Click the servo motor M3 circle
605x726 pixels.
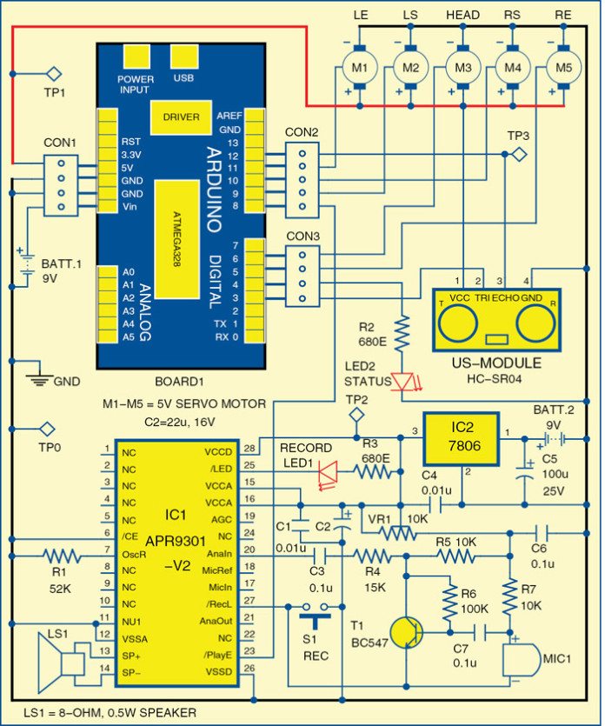pos(462,65)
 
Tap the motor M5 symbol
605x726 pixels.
pos(563,65)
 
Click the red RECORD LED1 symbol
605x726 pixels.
pos(328,471)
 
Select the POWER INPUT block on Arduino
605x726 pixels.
pos(136,57)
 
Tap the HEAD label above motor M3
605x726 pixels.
pos(462,17)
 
